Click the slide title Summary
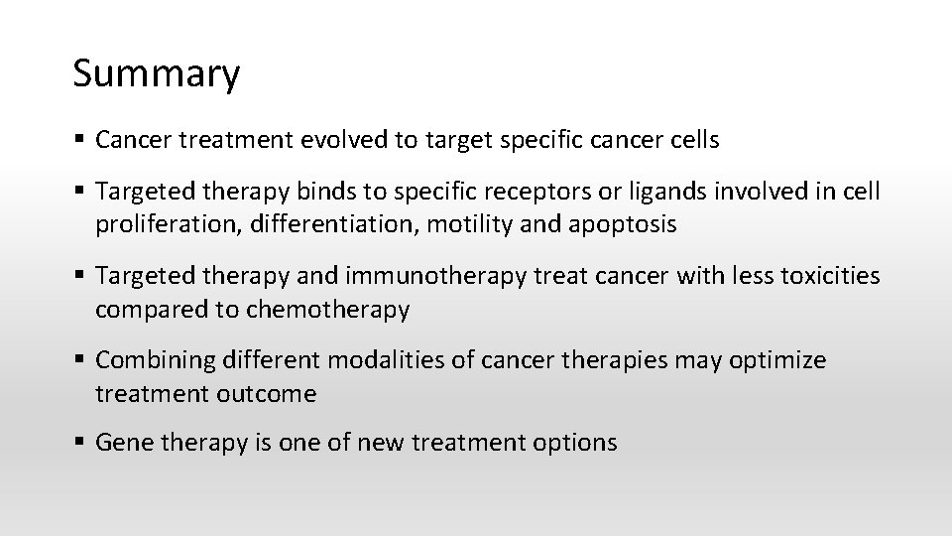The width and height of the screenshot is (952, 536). (156, 74)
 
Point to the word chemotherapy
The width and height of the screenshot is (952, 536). (327, 309)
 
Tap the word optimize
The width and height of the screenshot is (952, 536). (777, 359)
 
